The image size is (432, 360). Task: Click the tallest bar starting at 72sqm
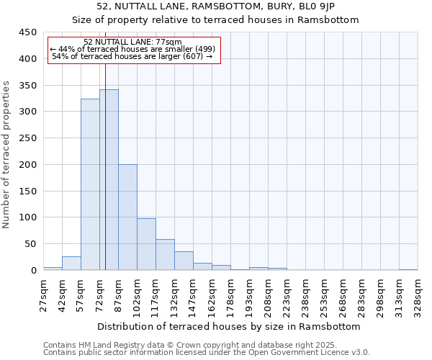click(109, 180)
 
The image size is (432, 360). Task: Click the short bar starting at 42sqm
click(71, 264)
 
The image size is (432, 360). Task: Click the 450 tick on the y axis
click(28, 32)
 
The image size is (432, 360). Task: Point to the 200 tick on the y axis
click(28, 164)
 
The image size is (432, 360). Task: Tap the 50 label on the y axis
click(31, 244)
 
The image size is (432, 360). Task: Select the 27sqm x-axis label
click(44, 292)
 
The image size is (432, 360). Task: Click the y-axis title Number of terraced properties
click(6, 155)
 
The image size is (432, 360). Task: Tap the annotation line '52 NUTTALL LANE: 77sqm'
click(132, 42)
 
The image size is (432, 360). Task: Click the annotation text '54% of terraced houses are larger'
click(132, 56)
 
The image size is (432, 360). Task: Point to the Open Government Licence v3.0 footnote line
click(207, 353)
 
